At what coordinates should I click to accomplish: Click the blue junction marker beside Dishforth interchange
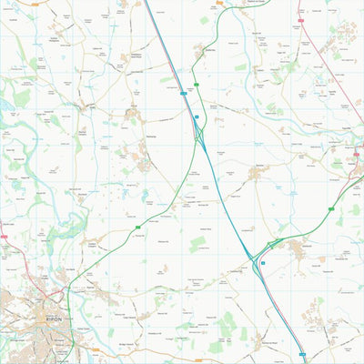[x=263, y=262]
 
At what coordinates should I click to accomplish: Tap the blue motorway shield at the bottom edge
[x=304, y=357]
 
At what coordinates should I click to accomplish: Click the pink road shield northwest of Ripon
[x=5, y=238]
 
